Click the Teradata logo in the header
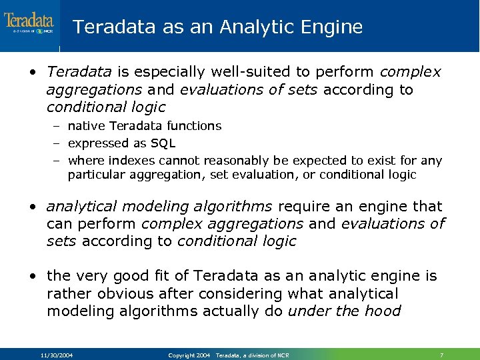tap(29, 23)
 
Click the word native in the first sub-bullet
tap(87, 126)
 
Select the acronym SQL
tap(162, 143)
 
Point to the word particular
tap(94, 175)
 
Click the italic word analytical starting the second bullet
tap(84, 207)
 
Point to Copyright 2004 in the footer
tap(189, 355)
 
